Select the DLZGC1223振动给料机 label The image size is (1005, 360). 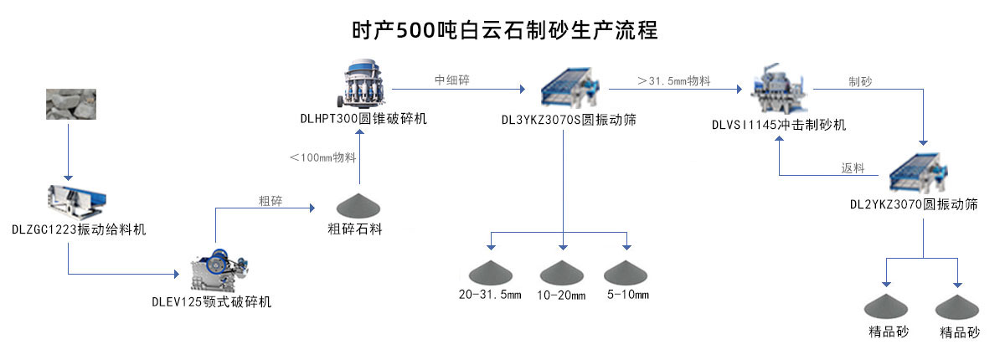79,229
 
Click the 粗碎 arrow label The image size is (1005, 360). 270,201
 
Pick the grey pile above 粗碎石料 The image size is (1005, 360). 359,205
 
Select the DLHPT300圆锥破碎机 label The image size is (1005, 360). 363,119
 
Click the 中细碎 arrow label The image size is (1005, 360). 452,80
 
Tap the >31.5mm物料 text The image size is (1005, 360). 674,80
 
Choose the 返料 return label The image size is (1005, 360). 853,167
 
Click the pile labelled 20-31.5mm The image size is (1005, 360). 490,271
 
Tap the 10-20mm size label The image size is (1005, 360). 562,296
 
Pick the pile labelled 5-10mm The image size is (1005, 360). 627,271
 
